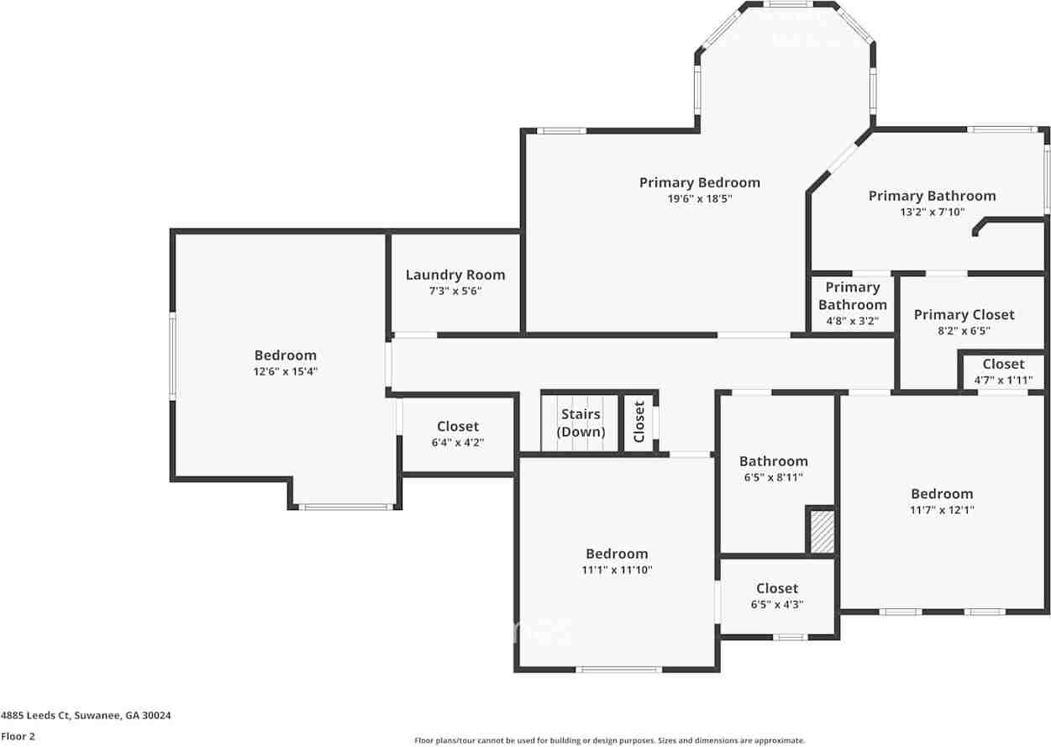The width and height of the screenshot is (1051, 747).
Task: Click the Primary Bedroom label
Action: tap(699, 182)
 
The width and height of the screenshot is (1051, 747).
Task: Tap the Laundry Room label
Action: tap(455, 275)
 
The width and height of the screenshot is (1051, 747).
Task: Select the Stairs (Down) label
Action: tap(581, 423)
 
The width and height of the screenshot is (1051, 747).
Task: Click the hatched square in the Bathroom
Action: tap(822, 531)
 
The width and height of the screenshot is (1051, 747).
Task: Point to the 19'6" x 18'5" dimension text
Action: tap(699, 199)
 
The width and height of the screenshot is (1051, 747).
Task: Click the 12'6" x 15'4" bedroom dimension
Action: tap(286, 371)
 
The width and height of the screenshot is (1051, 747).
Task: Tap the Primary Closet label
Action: tap(964, 314)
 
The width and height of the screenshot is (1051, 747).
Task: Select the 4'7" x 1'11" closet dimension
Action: tap(1003, 380)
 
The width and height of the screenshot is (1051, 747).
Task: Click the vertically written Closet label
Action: tap(639, 422)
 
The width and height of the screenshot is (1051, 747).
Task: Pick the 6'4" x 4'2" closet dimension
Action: tap(457, 442)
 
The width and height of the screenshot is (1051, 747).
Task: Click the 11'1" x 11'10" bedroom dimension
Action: tap(617, 570)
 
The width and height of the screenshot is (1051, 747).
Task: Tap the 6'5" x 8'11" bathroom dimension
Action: tap(773, 477)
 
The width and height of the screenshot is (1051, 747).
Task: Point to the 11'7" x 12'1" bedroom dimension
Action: tap(942, 510)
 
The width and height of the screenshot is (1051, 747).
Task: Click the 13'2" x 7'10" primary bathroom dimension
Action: tap(932, 213)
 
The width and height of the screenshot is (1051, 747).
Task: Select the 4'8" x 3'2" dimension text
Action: tap(852, 320)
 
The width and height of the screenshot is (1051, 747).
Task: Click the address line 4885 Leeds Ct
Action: tap(86, 716)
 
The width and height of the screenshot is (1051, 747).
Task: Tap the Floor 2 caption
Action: tap(18, 736)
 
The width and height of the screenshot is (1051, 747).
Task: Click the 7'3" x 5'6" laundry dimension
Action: tap(455, 291)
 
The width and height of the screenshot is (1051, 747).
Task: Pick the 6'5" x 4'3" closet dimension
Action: tap(776, 604)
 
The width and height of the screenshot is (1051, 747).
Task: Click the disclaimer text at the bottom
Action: tap(610, 740)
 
